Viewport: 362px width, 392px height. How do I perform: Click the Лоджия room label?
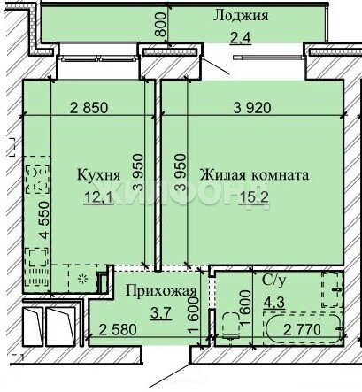(241, 16)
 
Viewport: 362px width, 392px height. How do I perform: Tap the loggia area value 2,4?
(241, 38)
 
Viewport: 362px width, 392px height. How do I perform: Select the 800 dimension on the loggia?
(161, 24)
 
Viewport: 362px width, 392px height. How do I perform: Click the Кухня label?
(98, 174)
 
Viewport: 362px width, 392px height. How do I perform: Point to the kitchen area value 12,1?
(98, 197)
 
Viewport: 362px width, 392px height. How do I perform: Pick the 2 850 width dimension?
(89, 108)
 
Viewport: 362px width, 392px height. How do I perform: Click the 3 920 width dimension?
(252, 108)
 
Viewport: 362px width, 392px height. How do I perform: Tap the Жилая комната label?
(254, 174)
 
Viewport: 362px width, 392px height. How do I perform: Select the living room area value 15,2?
(254, 197)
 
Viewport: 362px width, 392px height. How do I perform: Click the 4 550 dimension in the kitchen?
(44, 219)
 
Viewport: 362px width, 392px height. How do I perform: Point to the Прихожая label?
(161, 291)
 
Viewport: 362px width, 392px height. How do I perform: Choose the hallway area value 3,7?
(161, 313)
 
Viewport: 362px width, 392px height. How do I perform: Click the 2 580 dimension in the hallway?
(118, 329)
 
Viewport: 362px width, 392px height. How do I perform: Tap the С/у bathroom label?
(273, 281)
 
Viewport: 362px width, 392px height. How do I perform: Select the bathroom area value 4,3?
(274, 302)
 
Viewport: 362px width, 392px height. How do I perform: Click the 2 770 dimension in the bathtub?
(302, 329)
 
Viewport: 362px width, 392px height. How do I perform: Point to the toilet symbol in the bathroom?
(231, 327)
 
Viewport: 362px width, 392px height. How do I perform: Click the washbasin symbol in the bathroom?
(333, 289)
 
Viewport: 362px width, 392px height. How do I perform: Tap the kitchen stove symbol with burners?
(37, 180)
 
